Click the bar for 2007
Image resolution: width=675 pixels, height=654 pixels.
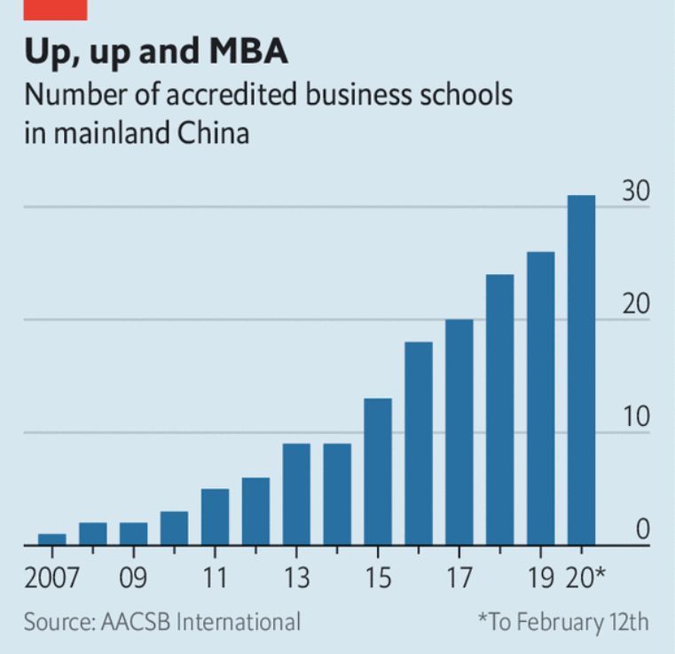51,540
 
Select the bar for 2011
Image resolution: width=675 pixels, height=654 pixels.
215,517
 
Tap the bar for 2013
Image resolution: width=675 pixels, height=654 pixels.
296,494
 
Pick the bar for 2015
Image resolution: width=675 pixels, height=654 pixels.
378,472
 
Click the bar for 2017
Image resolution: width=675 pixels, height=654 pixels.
459,432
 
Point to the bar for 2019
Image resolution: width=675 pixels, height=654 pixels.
540,398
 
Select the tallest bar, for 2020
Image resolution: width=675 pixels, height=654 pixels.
581,370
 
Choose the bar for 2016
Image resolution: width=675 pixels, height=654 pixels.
419,444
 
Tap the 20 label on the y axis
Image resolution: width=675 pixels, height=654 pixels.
634,304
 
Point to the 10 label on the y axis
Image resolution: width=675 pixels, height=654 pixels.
634,417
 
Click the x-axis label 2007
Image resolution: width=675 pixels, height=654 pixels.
51,579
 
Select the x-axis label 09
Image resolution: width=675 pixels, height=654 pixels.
133,579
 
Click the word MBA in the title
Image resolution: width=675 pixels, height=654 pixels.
247,51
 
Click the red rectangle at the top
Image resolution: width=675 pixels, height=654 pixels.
55,9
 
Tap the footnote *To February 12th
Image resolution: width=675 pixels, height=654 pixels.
562,620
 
